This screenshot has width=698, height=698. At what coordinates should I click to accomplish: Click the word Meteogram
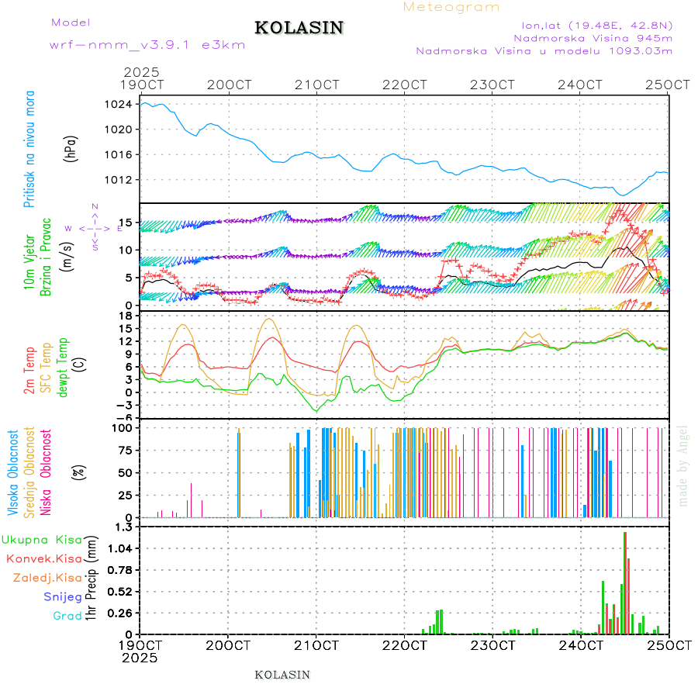tap(451, 7)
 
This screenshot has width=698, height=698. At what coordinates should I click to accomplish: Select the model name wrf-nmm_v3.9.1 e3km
tap(147, 45)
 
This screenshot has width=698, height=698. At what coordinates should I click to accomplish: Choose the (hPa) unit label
tap(71, 149)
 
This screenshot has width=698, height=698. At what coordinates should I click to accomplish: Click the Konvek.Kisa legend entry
tap(43, 558)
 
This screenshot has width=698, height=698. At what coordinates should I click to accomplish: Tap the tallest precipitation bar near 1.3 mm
tap(624, 582)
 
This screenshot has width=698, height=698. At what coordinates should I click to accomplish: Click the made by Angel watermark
tap(683, 465)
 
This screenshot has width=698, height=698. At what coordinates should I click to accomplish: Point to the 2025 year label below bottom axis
tap(140, 658)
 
